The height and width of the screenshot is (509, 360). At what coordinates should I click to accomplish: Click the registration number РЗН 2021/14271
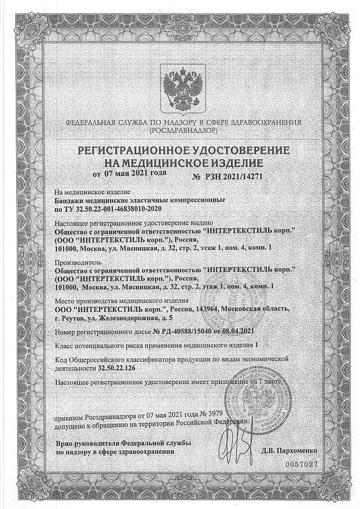pyautogui.click(x=233, y=176)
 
